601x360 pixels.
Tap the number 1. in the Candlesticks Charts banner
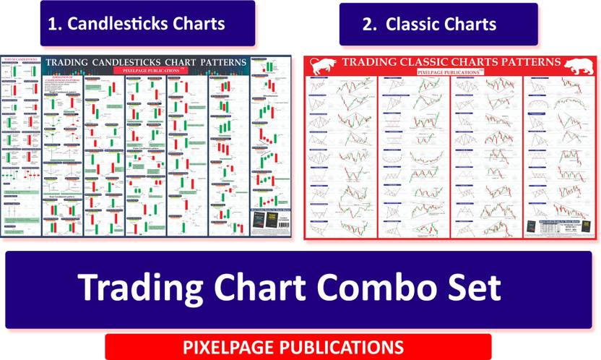click(56, 23)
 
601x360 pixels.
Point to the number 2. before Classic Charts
click(370, 24)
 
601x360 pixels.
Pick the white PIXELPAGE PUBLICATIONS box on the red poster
click(449, 72)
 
